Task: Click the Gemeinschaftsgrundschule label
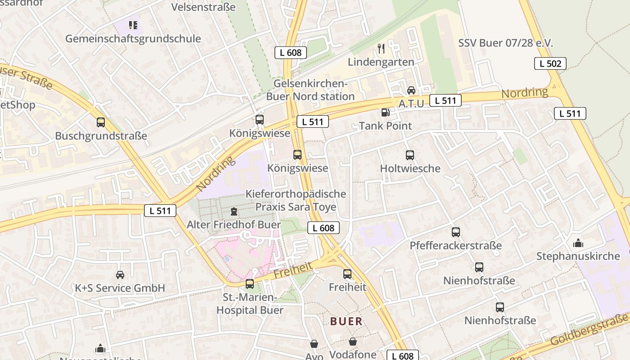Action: [x=133, y=39]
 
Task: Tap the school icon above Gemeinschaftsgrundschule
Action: [x=133, y=25]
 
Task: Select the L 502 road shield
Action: [x=550, y=63]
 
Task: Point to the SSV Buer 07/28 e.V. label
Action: [x=505, y=43]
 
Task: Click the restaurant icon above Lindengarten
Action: [x=381, y=48]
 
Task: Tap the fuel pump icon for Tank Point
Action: [x=385, y=112]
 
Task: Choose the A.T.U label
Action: [x=411, y=103]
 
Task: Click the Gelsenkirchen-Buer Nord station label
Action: [x=310, y=90]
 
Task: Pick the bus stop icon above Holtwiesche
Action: [x=410, y=155]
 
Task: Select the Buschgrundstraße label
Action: [x=101, y=136]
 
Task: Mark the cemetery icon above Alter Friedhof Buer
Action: [x=234, y=211]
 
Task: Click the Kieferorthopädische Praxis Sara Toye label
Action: [x=296, y=200]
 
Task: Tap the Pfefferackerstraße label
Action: [x=455, y=246]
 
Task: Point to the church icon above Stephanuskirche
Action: [x=578, y=243]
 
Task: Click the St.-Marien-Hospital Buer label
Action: [x=250, y=304]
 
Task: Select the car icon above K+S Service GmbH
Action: [x=120, y=274]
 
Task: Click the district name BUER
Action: [x=346, y=321]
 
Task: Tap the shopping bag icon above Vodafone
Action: [x=353, y=342]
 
